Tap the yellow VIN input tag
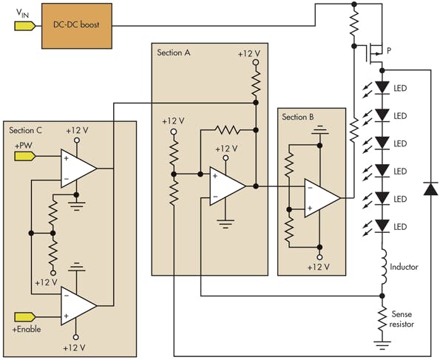tap(24, 25)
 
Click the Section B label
tap(298, 117)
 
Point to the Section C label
tap(26, 130)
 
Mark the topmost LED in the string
tap(382, 87)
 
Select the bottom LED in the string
tap(382, 225)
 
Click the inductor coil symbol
tap(383, 268)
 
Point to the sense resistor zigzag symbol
tap(383, 317)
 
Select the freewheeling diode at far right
tap(427, 189)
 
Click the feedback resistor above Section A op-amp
tap(226, 129)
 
